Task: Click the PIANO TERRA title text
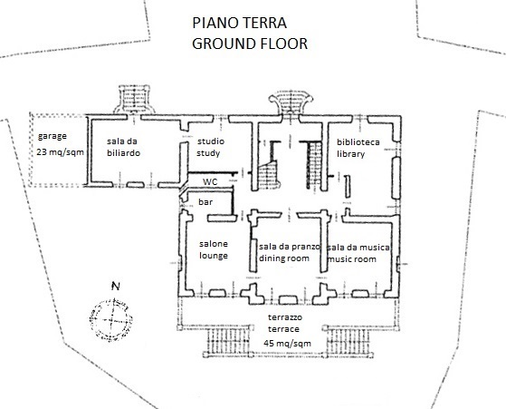coord(240,23)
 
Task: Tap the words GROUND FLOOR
coord(250,44)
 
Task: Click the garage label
coord(53,136)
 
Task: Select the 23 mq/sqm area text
coord(60,152)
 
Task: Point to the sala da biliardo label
coord(123,147)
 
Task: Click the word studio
coord(211,141)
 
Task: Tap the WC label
coord(210,181)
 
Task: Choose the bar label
coord(205,202)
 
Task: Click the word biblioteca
coord(358,142)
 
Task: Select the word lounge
coord(214,256)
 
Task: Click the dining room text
coord(284,258)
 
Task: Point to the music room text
coord(352,259)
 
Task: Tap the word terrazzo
coord(285,317)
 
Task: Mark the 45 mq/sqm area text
coord(288,344)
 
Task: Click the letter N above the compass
coord(116,287)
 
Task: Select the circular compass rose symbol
coord(110,320)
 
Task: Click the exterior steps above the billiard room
coord(134,99)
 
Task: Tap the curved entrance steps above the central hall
coord(291,102)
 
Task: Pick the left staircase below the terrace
coord(227,341)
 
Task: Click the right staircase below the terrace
coord(348,341)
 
